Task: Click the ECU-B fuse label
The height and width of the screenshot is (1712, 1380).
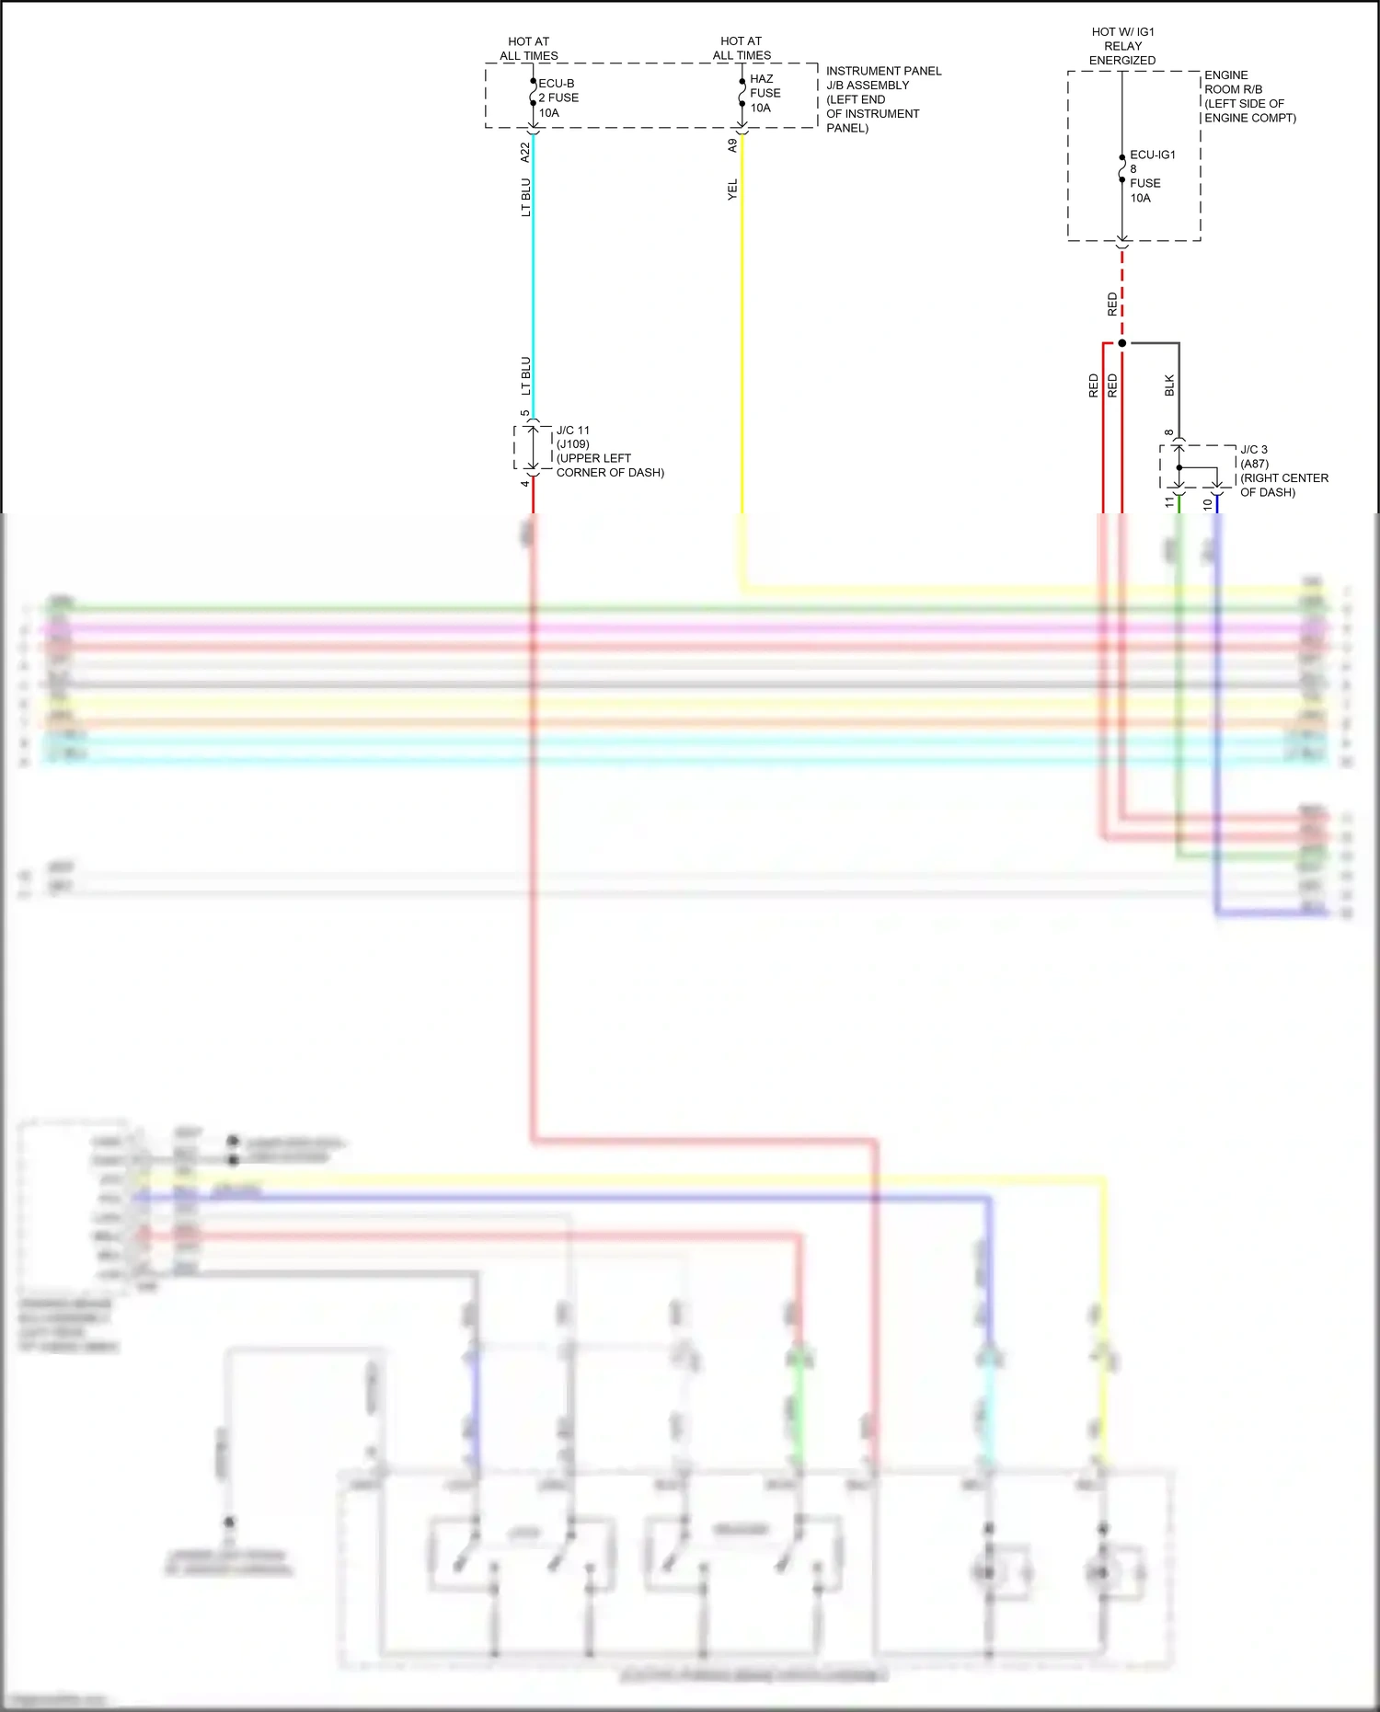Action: [x=558, y=98]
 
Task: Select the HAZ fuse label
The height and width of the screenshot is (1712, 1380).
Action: [x=765, y=93]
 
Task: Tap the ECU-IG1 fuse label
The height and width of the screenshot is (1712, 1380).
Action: [x=1151, y=176]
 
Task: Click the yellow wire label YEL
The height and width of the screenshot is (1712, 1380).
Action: [x=732, y=190]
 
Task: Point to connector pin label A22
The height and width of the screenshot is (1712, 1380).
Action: [x=525, y=152]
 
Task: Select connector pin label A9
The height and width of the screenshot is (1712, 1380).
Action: [x=732, y=145]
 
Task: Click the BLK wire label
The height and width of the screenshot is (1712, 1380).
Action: [x=1169, y=385]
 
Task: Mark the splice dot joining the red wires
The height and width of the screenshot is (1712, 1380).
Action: [x=1121, y=343]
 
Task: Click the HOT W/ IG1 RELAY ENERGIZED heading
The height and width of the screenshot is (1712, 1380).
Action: [x=1122, y=46]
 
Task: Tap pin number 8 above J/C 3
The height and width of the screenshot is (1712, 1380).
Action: [x=1169, y=432]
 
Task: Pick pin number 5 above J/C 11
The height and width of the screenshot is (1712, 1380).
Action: [x=525, y=413]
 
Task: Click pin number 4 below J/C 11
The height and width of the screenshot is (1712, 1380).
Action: [x=525, y=483]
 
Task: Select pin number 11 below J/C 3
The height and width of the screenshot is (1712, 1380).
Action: [x=1169, y=502]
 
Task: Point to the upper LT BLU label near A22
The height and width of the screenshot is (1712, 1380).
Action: [x=525, y=198]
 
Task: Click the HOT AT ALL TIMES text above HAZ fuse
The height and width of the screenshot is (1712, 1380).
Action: [x=742, y=48]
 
